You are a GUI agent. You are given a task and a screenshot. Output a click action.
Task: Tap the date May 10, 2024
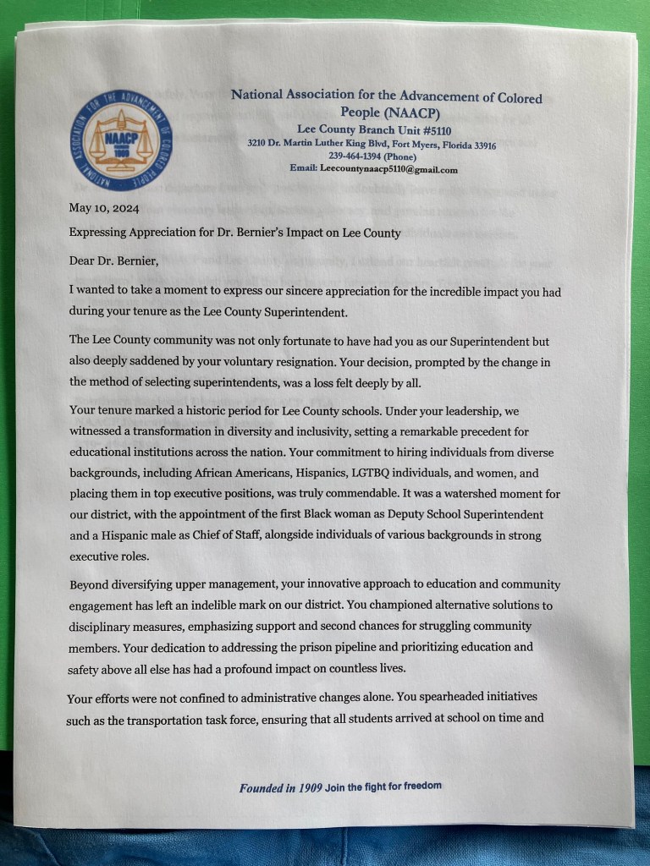pyautogui.click(x=104, y=208)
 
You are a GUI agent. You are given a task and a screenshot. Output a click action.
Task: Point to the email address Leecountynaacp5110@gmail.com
pyautogui.click(x=389, y=169)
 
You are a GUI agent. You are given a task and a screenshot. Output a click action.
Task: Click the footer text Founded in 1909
pyautogui.click(x=280, y=787)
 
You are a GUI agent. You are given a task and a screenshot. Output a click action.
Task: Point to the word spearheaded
pyautogui.click(x=465, y=699)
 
